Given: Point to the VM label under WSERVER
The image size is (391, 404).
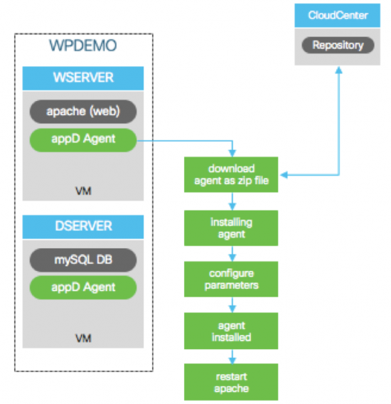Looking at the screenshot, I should point(82,191).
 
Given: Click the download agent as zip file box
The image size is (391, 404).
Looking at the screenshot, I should point(232,175).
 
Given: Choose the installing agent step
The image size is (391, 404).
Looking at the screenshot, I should point(232,228).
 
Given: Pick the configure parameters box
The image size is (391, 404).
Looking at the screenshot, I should point(232,280).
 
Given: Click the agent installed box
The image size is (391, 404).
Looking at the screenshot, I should point(232,331).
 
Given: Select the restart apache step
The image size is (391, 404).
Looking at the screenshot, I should point(232,382).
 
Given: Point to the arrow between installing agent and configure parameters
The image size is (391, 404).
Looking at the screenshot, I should point(232,253).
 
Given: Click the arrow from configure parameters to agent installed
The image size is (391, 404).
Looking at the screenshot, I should point(232,305).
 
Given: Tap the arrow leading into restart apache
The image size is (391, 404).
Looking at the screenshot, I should point(232,356).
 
